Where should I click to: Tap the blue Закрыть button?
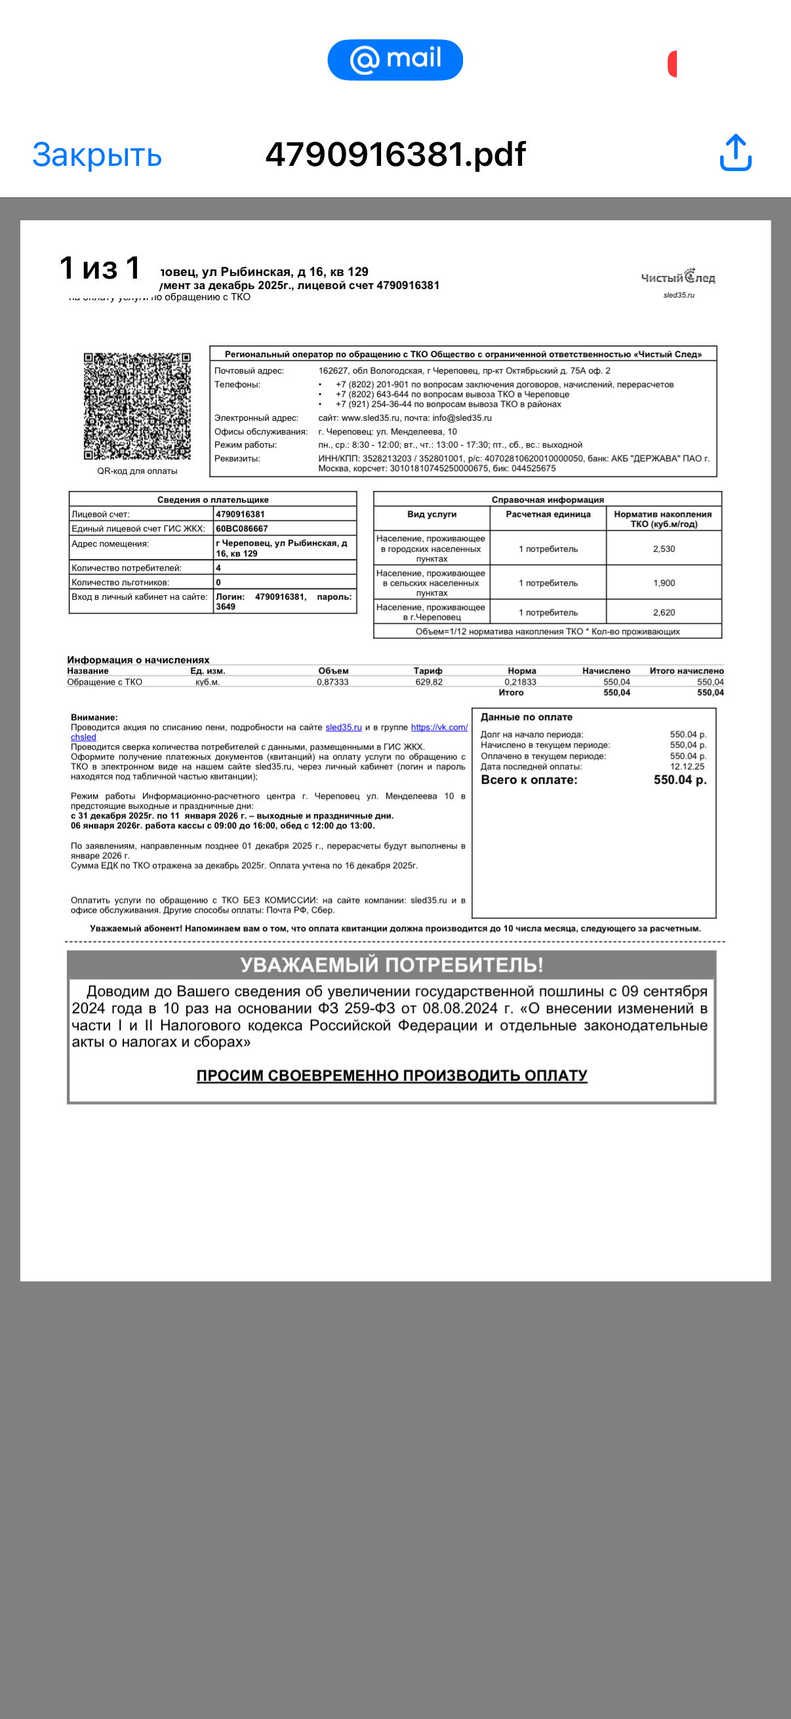pyautogui.click(x=97, y=155)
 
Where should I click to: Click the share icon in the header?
pyautogui.click(x=736, y=153)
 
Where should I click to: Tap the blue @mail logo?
pyautogui.click(x=395, y=60)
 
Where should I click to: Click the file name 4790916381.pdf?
pyautogui.click(x=395, y=154)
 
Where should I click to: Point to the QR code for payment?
pyautogui.click(x=137, y=406)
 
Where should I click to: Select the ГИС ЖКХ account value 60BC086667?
pyautogui.click(x=241, y=528)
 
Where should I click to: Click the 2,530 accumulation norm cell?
pyautogui.click(x=664, y=549)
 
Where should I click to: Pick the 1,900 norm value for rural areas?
pyautogui.click(x=664, y=583)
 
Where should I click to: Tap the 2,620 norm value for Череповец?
pyautogui.click(x=664, y=612)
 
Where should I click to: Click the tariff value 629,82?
pyautogui.click(x=428, y=682)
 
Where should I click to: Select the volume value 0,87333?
pyautogui.click(x=333, y=682)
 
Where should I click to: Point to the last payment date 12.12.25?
pyautogui.click(x=687, y=767)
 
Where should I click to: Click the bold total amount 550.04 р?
pyautogui.click(x=679, y=780)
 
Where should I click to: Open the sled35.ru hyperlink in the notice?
pyautogui.click(x=343, y=727)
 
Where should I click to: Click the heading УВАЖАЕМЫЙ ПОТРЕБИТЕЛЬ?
pyautogui.click(x=391, y=964)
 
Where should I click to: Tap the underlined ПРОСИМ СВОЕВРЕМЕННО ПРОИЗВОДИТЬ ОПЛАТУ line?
pyautogui.click(x=392, y=1075)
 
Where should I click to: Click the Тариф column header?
pyautogui.click(x=428, y=671)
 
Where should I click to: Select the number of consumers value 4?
pyautogui.click(x=218, y=568)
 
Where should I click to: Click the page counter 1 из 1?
pyautogui.click(x=100, y=268)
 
